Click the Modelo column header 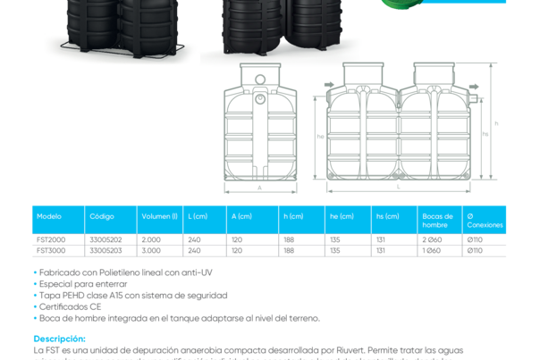(x=49, y=217)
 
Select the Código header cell (x=101, y=217)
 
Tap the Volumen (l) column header (x=158, y=217)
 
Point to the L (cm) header (x=198, y=217)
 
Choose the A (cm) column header (x=241, y=217)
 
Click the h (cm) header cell (x=293, y=217)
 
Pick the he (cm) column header (x=342, y=217)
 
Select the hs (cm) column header (x=387, y=217)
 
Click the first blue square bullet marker (x=35, y=272)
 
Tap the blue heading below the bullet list (x=59, y=339)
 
